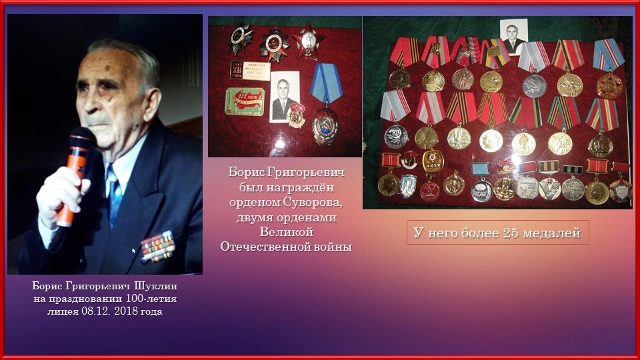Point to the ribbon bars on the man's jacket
(x=158, y=247)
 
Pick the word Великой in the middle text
(x=287, y=232)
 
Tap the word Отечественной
(x=264, y=247)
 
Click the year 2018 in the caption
(x=126, y=311)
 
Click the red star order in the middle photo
(x=308, y=39)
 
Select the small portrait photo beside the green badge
(x=285, y=96)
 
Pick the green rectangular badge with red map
(x=245, y=101)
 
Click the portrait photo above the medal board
(x=513, y=36)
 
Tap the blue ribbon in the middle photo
(x=327, y=83)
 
